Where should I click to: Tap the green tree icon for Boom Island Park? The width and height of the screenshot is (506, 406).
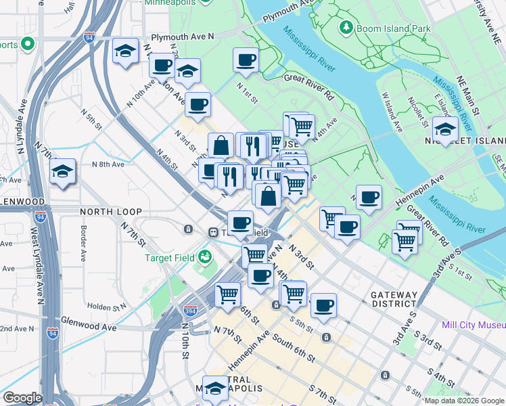pos(346,28)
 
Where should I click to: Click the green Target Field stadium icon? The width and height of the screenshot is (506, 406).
pos(204,257)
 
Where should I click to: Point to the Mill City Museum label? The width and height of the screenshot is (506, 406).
pos(473,325)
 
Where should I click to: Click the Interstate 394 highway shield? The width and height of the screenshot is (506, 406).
pos(191,311)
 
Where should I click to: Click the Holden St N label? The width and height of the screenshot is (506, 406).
pos(107,307)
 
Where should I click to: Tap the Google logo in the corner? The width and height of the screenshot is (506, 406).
pos(22,398)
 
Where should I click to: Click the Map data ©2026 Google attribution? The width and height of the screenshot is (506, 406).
pos(464,401)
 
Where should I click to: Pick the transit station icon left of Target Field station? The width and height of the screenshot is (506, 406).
pos(188,229)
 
